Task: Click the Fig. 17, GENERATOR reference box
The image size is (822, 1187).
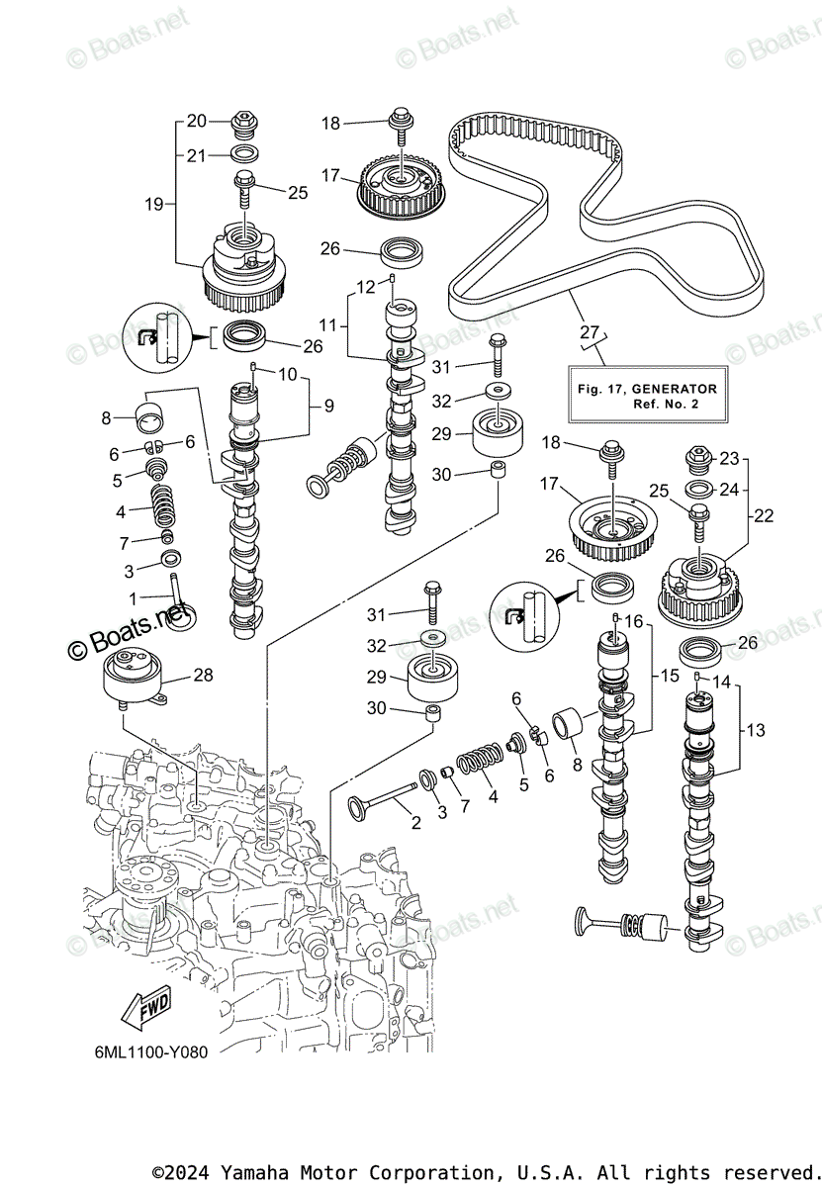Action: click(648, 394)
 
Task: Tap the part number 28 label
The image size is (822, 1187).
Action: click(203, 675)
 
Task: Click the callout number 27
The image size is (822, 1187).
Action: click(590, 331)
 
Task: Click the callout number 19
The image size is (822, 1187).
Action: click(154, 204)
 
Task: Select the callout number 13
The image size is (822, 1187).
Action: click(756, 730)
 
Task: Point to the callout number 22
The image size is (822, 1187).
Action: click(764, 515)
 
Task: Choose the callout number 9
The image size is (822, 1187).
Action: click(329, 406)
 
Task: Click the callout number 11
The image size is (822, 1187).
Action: click(328, 324)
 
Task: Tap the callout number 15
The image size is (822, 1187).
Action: click(670, 676)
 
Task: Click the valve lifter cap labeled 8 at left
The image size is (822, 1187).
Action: click(150, 418)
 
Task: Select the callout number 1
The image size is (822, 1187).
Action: click(133, 598)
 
